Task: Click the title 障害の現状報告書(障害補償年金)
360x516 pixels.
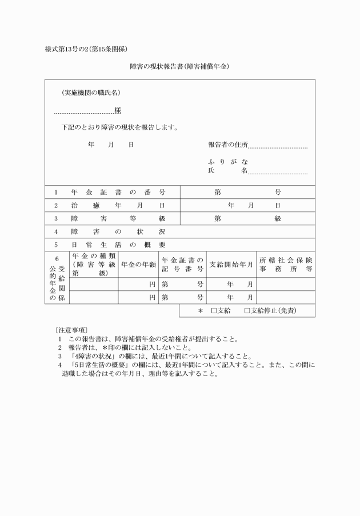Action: pyautogui.click(x=180, y=66)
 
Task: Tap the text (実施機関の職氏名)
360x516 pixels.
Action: pyautogui.click(x=91, y=93)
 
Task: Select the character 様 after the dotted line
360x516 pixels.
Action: pyautogui.click(x=118, y=110)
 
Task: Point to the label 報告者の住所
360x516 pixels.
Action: pyautogui.click(x=228, y=145)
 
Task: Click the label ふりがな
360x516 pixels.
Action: pyautogui.click(x=228, y=162)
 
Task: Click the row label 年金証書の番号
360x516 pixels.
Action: pyautogui.click(x=118, y=192)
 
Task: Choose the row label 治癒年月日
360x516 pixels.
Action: pyautogui.click(x=118, y=205)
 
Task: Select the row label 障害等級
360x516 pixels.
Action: pyautogui.click(x=118, y=218)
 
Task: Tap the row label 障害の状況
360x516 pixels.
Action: pyautogui.click(x=118, y=232)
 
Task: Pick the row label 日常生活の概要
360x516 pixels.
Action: pyautogui.click(x=118, y=245)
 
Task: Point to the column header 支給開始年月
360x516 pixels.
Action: pyautogui.click(x=231, y=265)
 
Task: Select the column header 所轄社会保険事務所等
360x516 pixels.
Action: pyautogui.click(x=286, y=265)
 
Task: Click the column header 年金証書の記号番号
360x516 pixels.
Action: pyautogui.click(x=183, y=265)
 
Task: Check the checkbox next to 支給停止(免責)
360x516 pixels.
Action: pyautogui.click(x=247, y=311)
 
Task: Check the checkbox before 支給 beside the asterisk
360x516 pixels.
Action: pyautogui.click(x=213, y=311)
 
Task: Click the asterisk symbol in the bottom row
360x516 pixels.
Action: pyautogui.click(x=201, y=311)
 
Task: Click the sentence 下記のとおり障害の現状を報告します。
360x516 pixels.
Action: pyautogui.click(x=119, y=127)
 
